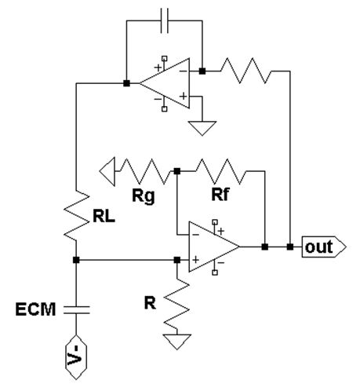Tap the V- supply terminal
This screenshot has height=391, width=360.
(76, 357)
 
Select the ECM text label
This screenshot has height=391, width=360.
(35, 309)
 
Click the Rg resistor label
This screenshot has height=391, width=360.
(144, 196)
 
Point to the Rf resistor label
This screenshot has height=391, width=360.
(220, 194)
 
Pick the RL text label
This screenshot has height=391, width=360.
(104, 217)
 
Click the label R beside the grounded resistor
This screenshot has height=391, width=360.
(150, 303)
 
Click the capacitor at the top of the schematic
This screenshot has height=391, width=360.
(165, 20)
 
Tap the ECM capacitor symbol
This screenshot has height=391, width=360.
(76, 309)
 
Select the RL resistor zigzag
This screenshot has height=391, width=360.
(76, 215)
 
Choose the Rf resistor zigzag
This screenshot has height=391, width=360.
(221, 171)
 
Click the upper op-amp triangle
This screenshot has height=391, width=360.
(165, 83)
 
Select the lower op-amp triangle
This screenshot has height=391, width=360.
(214, 247)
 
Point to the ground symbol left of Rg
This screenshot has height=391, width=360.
(107, 171)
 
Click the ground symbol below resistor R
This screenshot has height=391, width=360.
(177, 342)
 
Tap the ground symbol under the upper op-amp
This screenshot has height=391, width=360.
(202, 128)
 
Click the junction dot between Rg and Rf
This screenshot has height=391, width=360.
(177, 171)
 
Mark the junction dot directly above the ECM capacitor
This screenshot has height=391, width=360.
(76, 260)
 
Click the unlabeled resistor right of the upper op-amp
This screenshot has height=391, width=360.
(246, 71)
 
